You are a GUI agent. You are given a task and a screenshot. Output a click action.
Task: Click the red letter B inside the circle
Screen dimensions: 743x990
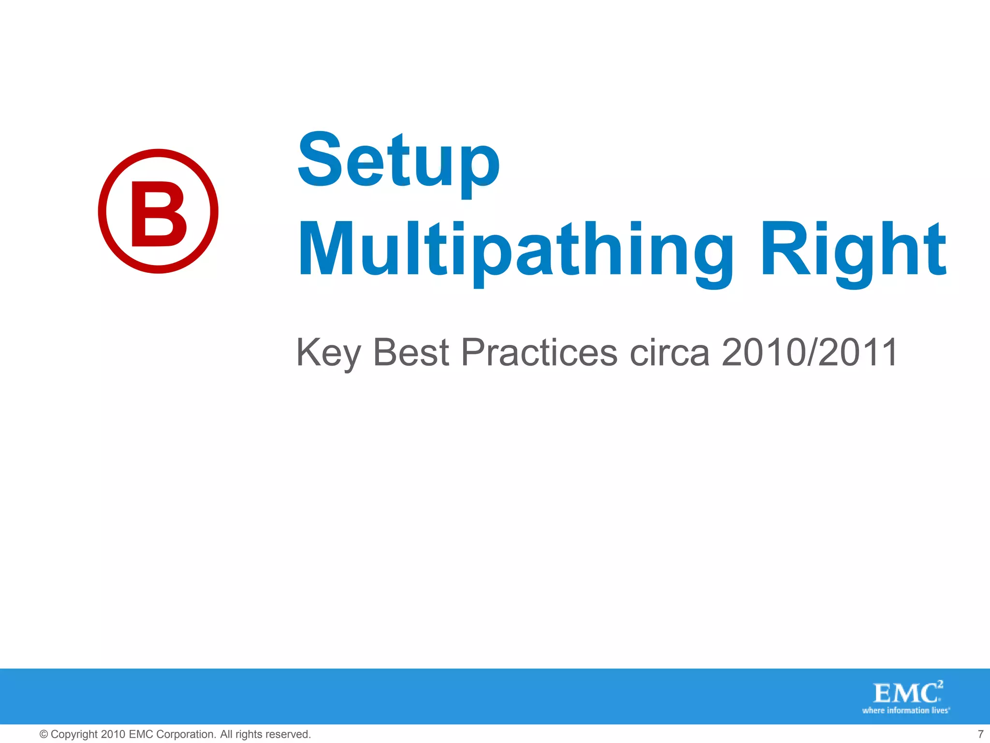tap(158, 213)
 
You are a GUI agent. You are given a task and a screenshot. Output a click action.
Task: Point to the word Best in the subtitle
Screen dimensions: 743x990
tap(411, 352)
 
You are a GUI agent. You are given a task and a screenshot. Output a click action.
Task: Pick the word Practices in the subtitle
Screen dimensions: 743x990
tap(539, 352)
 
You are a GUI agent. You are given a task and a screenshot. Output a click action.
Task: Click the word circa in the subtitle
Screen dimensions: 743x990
tap(670, 352)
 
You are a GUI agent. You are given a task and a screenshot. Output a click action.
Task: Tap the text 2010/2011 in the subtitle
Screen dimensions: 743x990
tap(810, 352)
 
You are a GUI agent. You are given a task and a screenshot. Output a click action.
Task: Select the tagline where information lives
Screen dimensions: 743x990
tap(906, 711)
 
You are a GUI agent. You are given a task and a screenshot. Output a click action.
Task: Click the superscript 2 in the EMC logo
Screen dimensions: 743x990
tap(940, 684)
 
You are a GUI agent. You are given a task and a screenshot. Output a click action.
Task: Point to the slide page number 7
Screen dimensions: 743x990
tap(980, 734)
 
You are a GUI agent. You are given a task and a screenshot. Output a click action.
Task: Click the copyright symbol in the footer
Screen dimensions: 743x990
tap(44, 734)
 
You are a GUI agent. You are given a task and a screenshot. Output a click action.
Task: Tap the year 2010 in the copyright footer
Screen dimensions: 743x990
tap(113, 734)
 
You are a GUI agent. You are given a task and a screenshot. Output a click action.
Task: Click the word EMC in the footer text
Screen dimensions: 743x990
tap(141, 734)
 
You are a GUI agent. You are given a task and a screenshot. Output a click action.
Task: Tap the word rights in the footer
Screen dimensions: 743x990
tap(249, 734)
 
